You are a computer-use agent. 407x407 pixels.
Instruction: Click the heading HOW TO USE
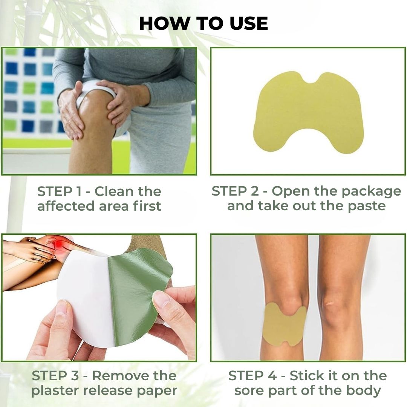point(203,24)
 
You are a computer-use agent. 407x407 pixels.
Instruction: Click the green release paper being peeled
point(138,290)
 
